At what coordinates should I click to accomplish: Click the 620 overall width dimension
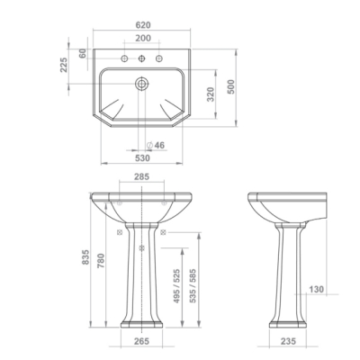[143, 25]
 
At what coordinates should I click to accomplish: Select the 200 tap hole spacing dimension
[143, 39]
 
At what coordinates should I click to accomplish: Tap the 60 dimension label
[83, 53]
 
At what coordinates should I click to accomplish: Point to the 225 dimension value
[64, 65]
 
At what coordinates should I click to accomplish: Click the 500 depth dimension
[231, 87]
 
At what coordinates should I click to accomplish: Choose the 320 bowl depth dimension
[211, 94]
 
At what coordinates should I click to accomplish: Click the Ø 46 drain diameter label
[156, 145]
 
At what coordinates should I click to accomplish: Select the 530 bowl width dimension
[142, 157]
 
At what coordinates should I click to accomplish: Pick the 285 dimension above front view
[141, 176]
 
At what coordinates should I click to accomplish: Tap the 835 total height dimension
[85, 256]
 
